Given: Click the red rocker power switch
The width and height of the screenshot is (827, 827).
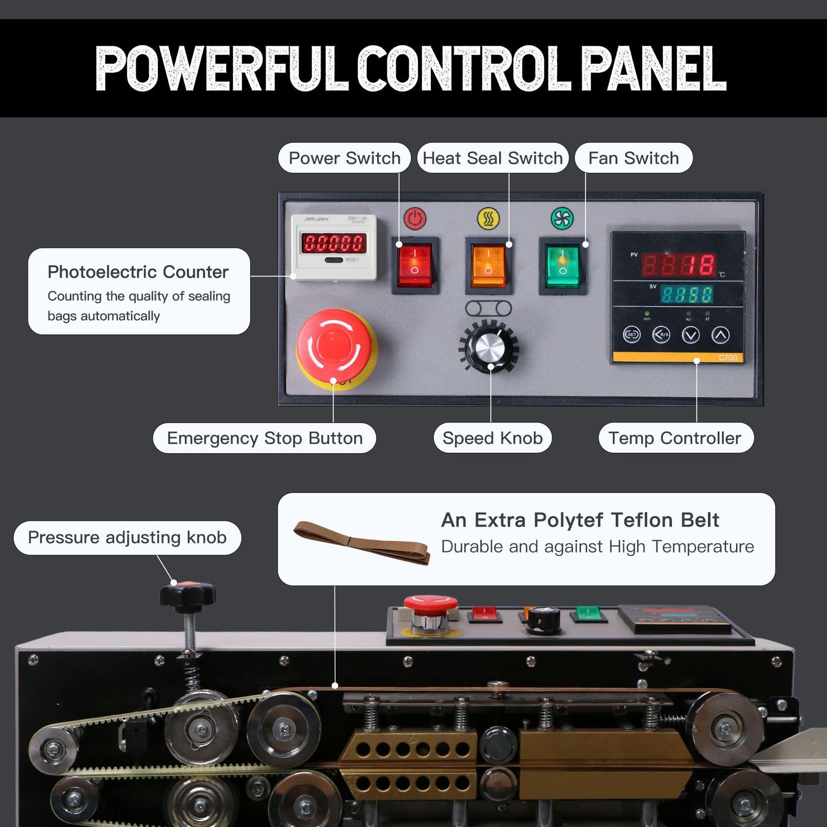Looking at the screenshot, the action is tap(414, 265).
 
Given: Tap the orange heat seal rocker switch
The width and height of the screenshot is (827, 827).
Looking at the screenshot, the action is tap(488, 265).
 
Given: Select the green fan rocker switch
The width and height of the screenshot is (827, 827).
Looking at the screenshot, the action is tap(562, 265).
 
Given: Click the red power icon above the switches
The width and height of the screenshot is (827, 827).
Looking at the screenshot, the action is tap(414, 219).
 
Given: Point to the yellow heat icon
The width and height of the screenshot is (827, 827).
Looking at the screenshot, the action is tap(488, 219).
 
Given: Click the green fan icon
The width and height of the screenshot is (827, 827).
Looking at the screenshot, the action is tap(562, 219).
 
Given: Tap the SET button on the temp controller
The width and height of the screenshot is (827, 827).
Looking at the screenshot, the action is tap(632, 335).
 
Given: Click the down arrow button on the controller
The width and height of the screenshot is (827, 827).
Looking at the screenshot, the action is tap(691, 335).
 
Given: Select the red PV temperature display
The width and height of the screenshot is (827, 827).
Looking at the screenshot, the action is tap(679, 265).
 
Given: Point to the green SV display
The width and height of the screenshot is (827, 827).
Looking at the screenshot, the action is tap(686, 294).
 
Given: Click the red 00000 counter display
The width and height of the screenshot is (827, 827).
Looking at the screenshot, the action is tap(334, 243).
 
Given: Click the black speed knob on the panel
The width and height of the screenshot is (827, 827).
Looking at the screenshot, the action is tap(489, 346).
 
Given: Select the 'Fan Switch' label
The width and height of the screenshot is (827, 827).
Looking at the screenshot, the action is tap(634, 158).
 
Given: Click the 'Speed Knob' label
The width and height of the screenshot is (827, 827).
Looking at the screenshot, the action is tap(493, 438).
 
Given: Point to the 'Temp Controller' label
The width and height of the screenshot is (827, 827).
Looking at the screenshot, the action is tap(675, 438).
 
